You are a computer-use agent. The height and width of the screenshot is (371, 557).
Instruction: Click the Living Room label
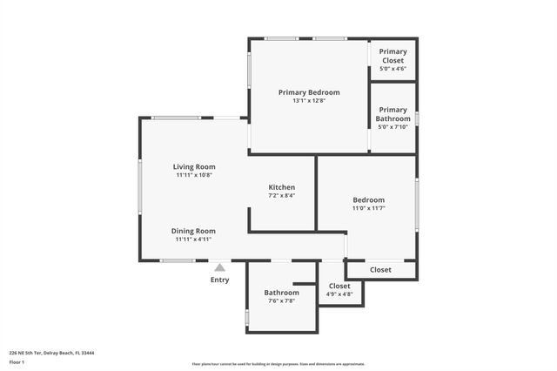(193, 166)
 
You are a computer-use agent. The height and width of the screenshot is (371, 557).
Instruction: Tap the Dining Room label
(193, 231)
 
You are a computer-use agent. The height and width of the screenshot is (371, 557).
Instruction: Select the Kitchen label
(281, 187)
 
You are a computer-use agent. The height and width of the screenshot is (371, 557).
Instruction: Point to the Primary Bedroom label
(309, 92)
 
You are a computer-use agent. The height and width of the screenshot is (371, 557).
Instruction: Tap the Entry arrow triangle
(220, 268)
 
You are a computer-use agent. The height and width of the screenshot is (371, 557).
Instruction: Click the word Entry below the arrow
(220, 280)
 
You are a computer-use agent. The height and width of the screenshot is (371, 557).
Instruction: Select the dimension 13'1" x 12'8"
(309, 101)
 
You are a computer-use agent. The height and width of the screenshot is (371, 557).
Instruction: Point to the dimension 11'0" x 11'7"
(368, 208)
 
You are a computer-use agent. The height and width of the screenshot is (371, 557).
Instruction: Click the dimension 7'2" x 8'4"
(281, 196)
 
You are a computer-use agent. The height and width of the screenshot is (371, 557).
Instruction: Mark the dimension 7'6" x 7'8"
(281, 300)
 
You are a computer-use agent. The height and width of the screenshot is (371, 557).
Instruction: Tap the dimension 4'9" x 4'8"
(339, 294)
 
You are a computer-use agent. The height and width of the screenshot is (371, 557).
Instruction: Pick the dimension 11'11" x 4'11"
(193, 239)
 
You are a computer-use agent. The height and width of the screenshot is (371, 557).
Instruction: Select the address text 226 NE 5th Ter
(26, 353)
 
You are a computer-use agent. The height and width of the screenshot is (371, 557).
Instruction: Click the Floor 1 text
(17, 361)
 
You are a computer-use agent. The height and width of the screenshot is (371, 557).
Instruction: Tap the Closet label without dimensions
(380, 270)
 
